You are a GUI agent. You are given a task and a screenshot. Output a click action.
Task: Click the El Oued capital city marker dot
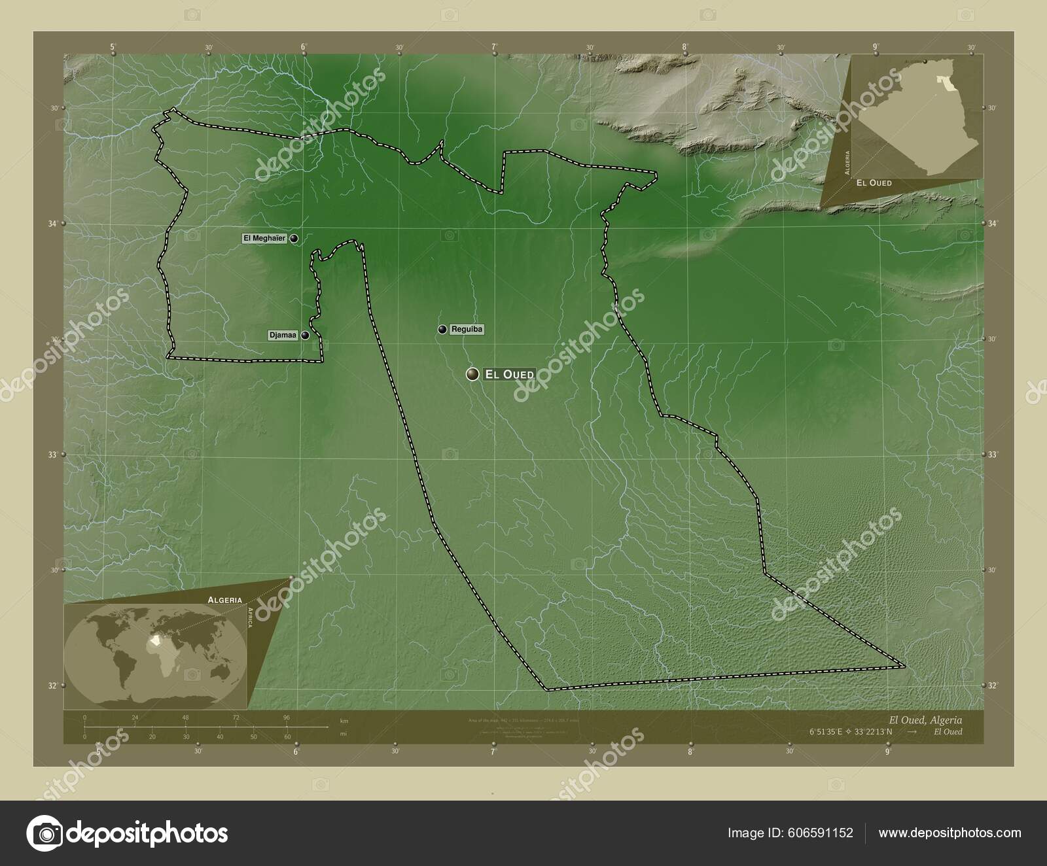[472, 374]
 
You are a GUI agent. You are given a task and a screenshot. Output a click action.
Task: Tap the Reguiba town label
[467, 330]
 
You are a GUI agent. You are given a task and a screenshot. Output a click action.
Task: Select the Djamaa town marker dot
[305, 336]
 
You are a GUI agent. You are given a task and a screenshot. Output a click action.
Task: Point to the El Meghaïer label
[264, 239]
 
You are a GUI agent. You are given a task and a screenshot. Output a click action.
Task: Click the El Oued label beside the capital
[509, 374]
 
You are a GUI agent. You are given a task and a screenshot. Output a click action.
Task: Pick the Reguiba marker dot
[443, 329]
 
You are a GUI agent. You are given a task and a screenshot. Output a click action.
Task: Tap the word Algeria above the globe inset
[225, 599]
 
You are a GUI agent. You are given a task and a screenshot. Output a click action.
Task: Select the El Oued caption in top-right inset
[874, 183]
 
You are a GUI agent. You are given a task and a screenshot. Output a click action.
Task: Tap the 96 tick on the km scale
[286, 718]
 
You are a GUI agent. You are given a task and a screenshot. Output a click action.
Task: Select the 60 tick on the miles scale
[287, 736]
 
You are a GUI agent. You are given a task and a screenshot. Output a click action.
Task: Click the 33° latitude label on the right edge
[992, 454]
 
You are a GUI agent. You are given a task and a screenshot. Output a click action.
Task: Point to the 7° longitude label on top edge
[495, 47]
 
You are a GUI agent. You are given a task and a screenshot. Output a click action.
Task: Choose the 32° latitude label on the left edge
[54, 685]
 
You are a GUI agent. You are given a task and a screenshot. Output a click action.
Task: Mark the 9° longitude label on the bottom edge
[888, 752]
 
